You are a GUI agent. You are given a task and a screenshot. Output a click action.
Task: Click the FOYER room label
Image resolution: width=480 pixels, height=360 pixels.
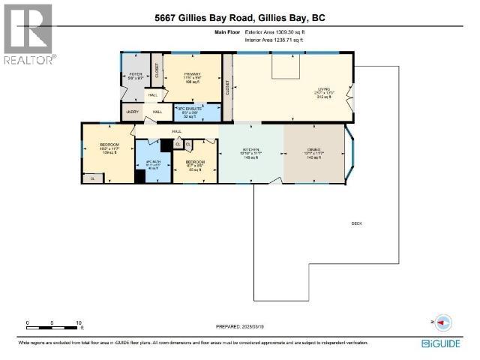tap(136, 74)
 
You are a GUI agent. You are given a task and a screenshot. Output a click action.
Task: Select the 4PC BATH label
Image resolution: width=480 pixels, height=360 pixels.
tap(153, 162)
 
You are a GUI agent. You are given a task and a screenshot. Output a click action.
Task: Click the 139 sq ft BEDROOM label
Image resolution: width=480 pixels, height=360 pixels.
tap(109, 145)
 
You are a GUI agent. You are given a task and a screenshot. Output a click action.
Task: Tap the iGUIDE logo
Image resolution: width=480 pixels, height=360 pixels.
tap(447, 343)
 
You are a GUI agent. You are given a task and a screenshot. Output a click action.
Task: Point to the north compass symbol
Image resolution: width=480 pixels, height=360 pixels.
tap(441, 322)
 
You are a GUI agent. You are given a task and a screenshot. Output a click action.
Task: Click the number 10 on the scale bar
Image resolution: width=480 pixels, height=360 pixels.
tap(79, 322)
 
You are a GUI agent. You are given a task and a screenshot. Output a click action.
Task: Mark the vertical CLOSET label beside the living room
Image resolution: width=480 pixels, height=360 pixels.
tap(226, 87)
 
